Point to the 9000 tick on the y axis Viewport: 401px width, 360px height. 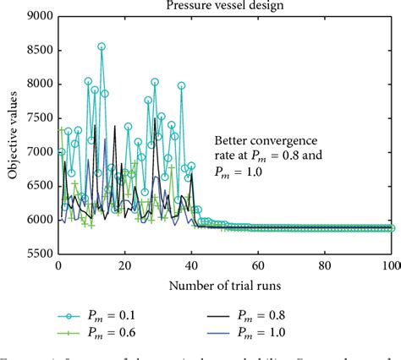pos(41,16)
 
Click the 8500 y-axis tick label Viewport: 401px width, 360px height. pos(41,50)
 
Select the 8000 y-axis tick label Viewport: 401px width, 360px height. pos(41,84)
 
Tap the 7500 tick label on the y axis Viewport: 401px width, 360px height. pos(41,117)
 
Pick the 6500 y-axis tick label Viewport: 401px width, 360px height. pos(41,186)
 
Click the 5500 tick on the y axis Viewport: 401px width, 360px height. pos(41,254)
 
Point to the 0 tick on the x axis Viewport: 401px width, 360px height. pos(58,265)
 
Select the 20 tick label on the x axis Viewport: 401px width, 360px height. pos(125,265)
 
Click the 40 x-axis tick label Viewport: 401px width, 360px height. pos(192,265)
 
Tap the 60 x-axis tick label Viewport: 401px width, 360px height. pos(259,265)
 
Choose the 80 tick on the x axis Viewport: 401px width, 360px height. pos(326,265)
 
